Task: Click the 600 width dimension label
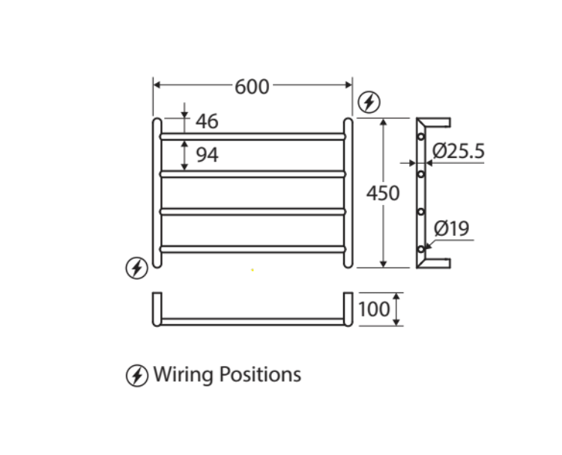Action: [x=252, y=87]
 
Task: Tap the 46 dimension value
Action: [x=206, y=121]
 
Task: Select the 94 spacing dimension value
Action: [x=207, y=155]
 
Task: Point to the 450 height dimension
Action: [x=383, y=193]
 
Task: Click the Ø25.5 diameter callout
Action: [x=459, y=152]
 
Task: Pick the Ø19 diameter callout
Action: [x=452, y=228]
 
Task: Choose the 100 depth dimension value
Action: [x=374, y=309]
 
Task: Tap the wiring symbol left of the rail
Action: [x=136, y=267]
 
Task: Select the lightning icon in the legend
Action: [x=136, y=375]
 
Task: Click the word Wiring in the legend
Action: [x=183, y=374]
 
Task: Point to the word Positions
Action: [x=259, y=374]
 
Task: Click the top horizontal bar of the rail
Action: [x=253, y=136]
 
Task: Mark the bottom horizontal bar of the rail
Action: [x=253, y=248]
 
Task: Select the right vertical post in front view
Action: [x=348, y=192]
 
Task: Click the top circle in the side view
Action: [x=421, y=137]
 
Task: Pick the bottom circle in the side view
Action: [x=421, y=248]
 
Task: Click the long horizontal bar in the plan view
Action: [x=253, y=321]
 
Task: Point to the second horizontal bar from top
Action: [x=253, y=174]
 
